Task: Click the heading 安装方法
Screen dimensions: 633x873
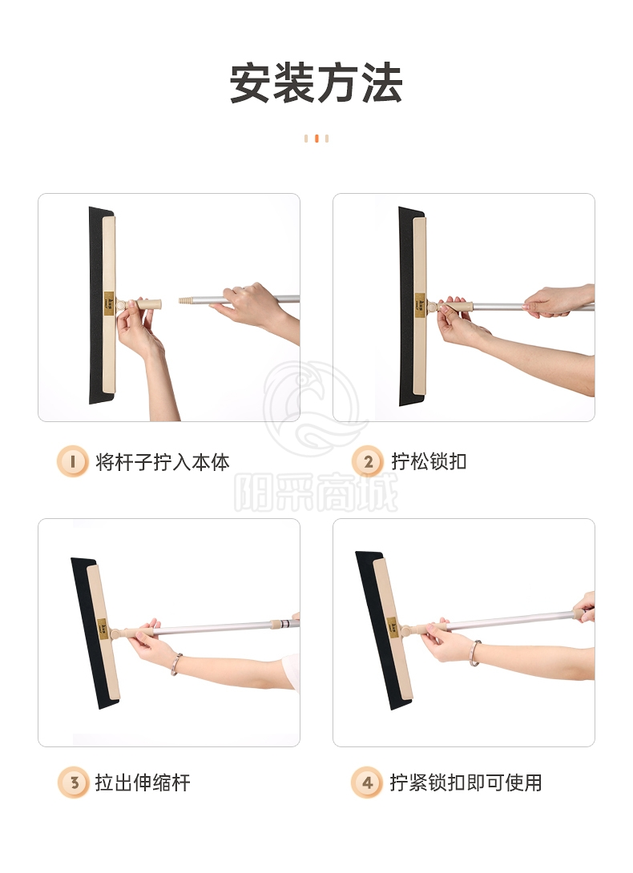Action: [316, 83]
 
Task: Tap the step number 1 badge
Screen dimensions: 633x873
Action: [72, 461]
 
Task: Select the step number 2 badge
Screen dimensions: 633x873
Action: [367, 461]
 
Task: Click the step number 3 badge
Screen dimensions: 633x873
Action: [73, 782]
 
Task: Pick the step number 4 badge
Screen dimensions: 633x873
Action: [367, 782]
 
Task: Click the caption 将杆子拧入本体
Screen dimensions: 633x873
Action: [162, 461]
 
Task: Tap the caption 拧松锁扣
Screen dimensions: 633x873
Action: [429, 461]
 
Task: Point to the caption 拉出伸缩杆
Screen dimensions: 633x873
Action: [143, 782]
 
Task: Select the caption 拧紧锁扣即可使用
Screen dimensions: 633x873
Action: [466, 782]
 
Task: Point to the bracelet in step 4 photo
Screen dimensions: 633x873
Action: [474, 653]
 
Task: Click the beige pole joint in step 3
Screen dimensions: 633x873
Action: [276, 624]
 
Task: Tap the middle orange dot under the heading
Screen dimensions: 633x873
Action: [316, 138]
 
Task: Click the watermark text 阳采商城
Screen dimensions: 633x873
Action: [316, 493]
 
